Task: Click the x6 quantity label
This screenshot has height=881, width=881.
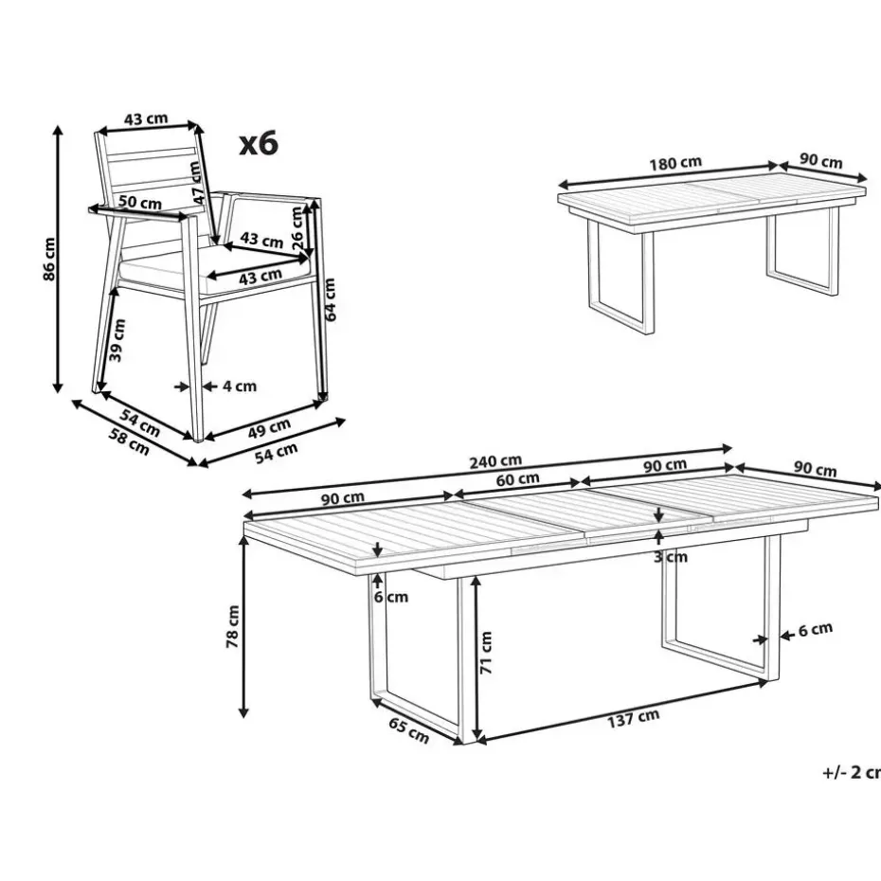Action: click(259, 143)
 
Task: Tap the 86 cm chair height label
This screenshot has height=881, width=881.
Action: click(49, 259)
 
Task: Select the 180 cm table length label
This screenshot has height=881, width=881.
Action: click(676, 163)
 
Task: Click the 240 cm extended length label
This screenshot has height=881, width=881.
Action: click(495, 461)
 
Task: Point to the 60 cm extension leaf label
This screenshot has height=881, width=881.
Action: click(517, 479)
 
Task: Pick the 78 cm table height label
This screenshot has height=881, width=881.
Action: click(232, 626)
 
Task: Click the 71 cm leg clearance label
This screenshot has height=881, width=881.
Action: click(485, 653)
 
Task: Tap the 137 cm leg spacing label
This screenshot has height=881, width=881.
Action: click(633, 719)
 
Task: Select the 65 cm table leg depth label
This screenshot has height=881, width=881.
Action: click(409, 730)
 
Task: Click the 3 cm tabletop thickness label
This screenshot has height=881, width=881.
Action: click(671, 557)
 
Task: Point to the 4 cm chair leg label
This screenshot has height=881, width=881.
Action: click(240, 386)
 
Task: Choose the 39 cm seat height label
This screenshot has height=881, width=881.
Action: click(117, 340)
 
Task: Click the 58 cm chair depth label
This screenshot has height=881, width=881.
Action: click(129, 442)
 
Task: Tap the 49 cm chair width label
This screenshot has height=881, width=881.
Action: click(269, 428)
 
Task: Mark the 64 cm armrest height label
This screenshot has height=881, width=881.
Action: click(330, 299)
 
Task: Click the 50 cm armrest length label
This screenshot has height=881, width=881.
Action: click(140, 203)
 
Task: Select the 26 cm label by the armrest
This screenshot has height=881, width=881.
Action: click(297, 228)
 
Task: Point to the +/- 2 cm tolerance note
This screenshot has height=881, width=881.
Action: click(852, 773)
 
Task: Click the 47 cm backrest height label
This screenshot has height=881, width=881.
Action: click(196, 183)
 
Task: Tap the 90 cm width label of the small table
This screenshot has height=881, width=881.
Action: click(821, 161)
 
